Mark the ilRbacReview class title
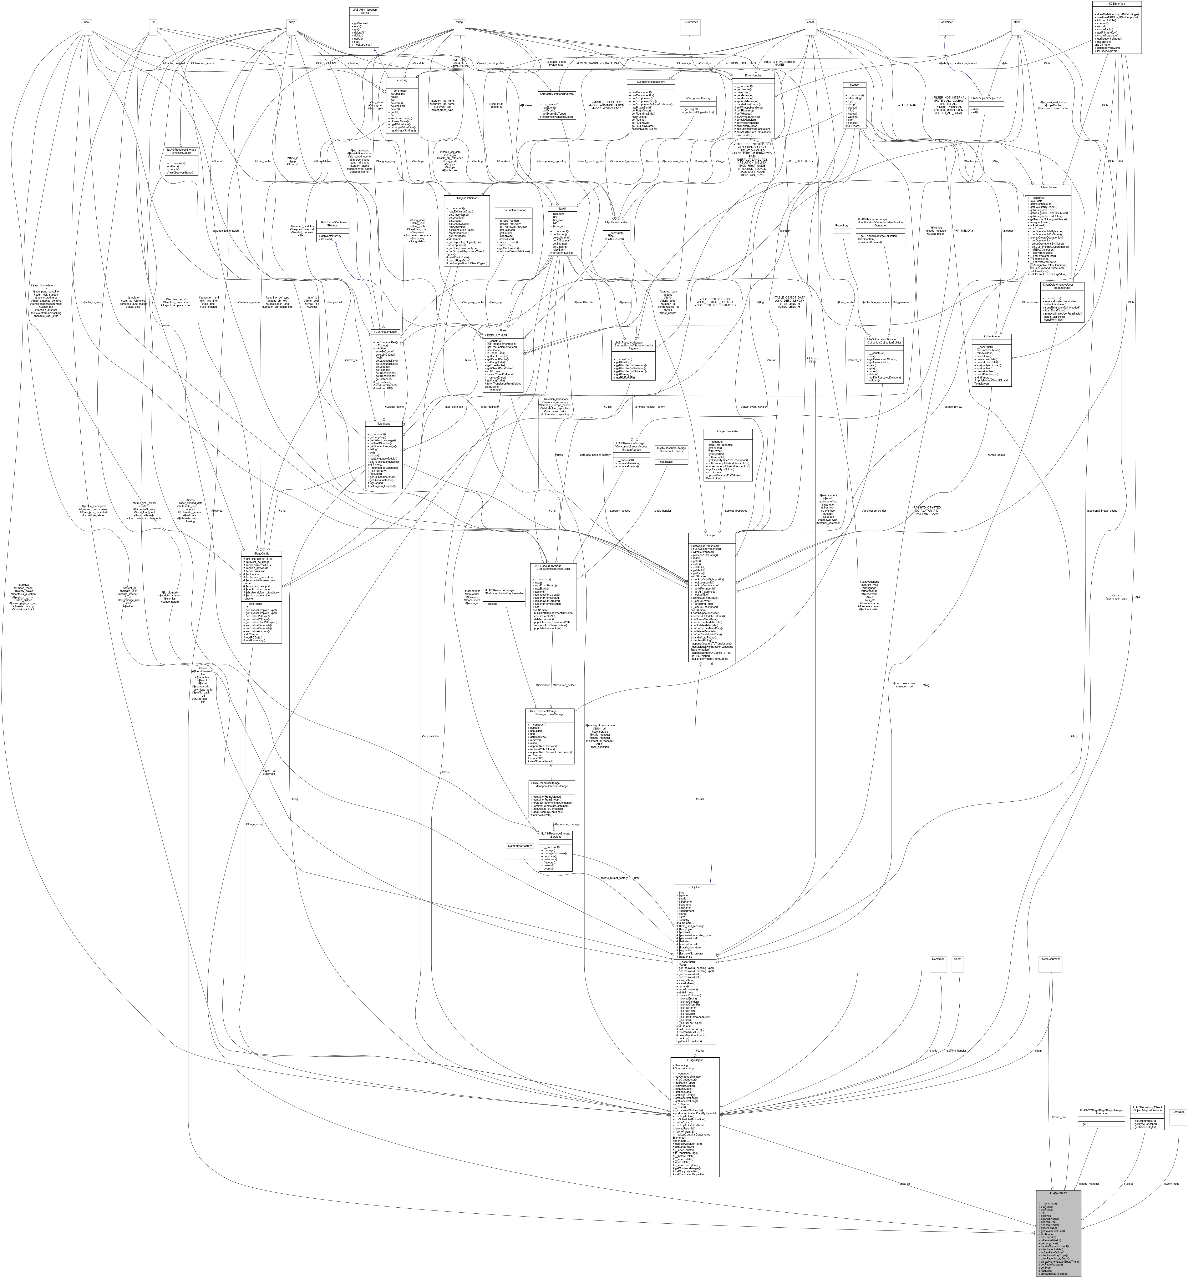(1047, 187)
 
